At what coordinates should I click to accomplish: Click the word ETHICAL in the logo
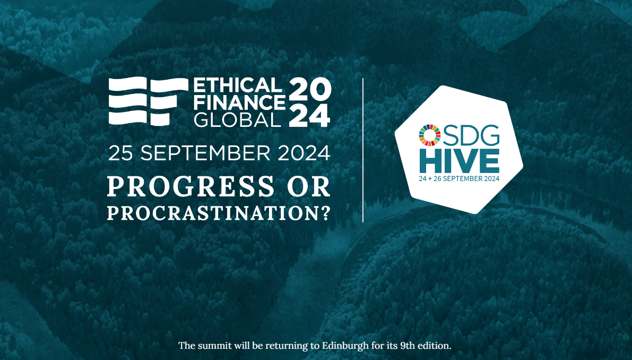[x=237, y=85]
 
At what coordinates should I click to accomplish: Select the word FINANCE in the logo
[x=239, y=102]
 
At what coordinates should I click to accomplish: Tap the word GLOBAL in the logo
[x=237, y=119]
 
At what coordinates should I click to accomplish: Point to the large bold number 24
[x=310, y=115]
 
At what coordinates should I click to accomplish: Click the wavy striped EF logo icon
[x=149, y=101]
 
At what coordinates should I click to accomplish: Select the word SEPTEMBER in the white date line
[x=205, y=153]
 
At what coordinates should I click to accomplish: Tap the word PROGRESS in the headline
[x=191, y=187]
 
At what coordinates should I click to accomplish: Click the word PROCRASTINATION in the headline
[x=213, y=213]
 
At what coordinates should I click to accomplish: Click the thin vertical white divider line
[x=363, y=150]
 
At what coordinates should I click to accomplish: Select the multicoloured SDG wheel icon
[x=430, y=135]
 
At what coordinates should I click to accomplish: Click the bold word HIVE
[x=460, y=161]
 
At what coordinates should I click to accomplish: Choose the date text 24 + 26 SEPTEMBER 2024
[x=459, y=178]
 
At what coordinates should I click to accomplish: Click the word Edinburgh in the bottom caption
[x=345, y=346]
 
